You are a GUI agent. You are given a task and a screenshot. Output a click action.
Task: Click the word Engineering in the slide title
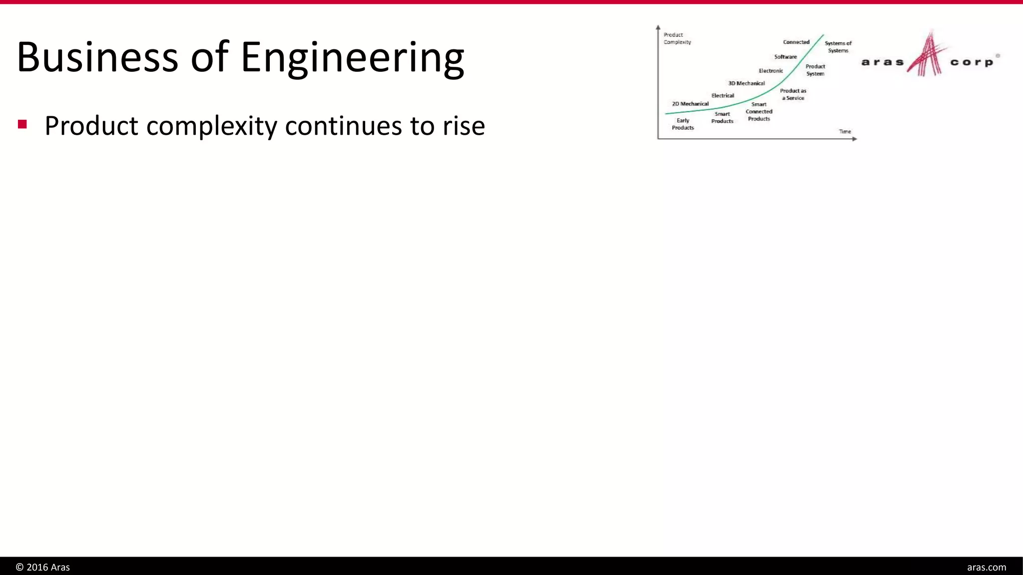pos(353,57)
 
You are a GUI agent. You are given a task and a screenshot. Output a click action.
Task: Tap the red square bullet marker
pos(22,124)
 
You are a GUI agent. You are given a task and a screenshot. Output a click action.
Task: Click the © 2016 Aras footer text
pos(43,568)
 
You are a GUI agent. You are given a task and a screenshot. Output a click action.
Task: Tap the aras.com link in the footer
pos(986,568)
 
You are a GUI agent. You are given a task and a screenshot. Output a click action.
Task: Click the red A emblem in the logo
pos(927,55)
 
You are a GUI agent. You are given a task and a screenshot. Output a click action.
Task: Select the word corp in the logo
pos(972,62)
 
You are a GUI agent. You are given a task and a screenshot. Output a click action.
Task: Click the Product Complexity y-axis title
pos(677,38)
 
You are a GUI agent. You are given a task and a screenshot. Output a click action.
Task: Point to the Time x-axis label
pos(845,132)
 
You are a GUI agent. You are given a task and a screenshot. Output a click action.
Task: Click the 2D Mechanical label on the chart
pos(690,104)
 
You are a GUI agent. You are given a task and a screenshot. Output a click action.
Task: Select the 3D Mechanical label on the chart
pos(746,83)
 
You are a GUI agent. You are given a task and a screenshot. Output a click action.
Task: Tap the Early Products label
pos(682,124)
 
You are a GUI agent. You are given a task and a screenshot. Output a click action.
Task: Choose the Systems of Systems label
pos(838,47)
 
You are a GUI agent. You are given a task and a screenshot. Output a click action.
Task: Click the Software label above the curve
pos(785,57)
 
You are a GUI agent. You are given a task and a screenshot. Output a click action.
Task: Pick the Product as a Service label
pos(793,94)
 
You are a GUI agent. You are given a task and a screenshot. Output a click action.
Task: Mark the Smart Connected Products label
pos(759,112)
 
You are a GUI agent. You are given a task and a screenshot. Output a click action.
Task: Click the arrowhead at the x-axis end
pos(855,139)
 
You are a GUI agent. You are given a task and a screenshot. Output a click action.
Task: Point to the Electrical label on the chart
pos(722,95)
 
